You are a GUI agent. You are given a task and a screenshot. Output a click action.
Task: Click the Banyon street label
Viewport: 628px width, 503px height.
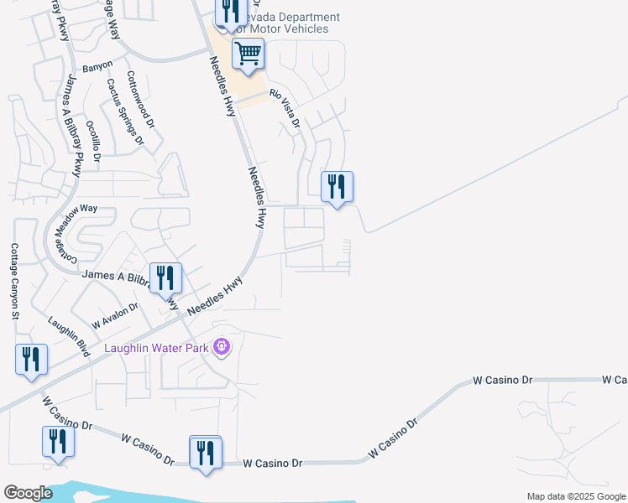97,65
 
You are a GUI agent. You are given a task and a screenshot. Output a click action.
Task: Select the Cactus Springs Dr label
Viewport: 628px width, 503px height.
125,111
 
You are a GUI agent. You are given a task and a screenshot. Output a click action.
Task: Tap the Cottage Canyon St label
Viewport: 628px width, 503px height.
14,282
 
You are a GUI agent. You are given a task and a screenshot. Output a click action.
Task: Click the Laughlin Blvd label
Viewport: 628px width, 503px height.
69,335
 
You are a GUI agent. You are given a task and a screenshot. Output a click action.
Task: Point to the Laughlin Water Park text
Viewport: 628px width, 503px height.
155,347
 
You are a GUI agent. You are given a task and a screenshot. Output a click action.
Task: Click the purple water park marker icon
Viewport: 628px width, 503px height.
222,345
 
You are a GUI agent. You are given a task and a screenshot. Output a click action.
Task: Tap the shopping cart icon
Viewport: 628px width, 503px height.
248,54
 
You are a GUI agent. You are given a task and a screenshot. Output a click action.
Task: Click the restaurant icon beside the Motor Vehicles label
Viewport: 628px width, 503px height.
228,12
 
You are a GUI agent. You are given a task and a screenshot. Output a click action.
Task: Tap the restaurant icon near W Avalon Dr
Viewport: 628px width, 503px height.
165,277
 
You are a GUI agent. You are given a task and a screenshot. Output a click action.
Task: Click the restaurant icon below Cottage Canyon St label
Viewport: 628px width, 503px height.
31,360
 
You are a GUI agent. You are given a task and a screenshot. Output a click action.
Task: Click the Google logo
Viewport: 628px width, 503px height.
28,493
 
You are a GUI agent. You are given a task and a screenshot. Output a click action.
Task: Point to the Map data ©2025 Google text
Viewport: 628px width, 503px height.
575,496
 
